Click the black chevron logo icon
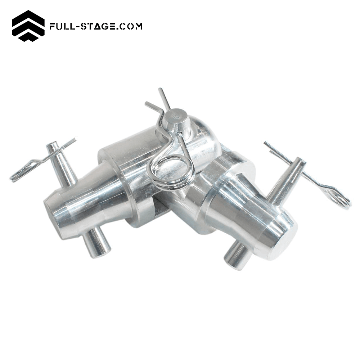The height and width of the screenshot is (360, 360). (28, 26)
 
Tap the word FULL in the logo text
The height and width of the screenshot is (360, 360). (62, 26)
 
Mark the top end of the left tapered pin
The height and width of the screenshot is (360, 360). (52, 145)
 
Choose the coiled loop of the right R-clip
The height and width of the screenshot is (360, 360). (338, 198)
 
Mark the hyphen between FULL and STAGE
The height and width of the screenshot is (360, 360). (77, 26)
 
